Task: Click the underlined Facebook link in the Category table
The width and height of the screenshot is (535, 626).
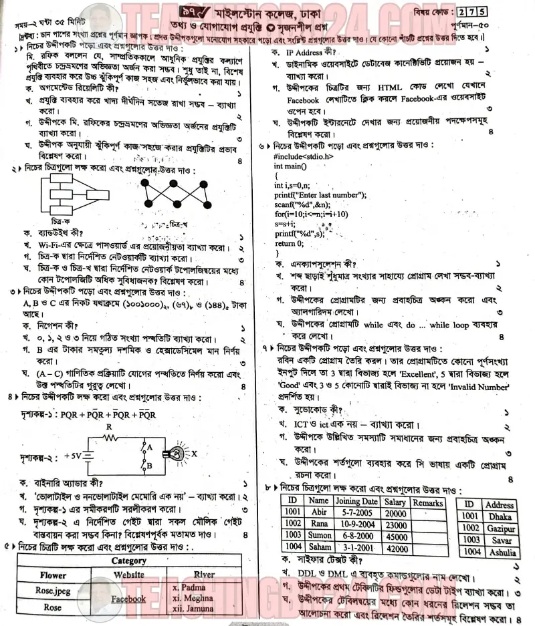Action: [x=128, y=599]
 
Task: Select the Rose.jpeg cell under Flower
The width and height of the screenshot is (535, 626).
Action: [x=53, y=591]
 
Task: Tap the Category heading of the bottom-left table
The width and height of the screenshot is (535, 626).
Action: [x=128, y=561]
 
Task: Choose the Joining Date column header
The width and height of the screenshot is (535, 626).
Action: [x=356, y=502]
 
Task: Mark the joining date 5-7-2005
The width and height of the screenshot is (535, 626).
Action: [x=356, y=514]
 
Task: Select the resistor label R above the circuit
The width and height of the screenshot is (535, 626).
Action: [x=108, y=426]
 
